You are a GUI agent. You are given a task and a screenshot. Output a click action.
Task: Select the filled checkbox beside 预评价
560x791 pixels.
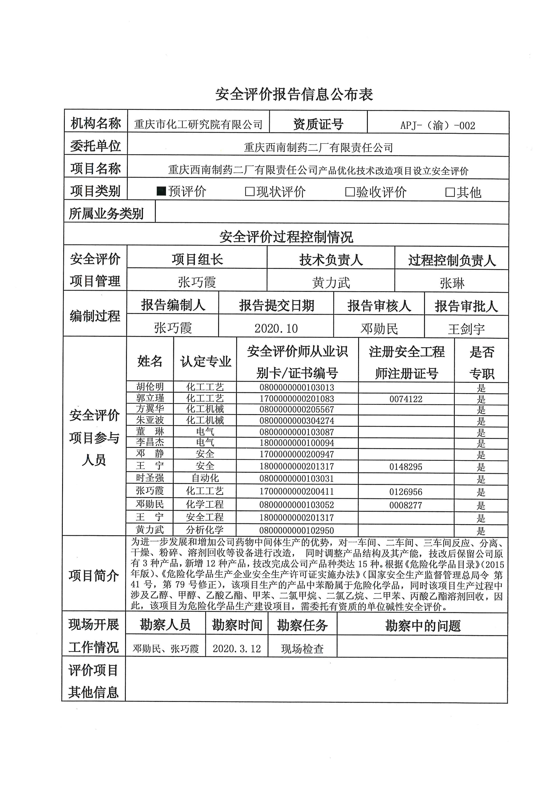(161, 191)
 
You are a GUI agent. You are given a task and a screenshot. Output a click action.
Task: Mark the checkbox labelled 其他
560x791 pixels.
(450, 192)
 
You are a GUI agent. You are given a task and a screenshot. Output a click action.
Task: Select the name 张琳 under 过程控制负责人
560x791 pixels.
(452, 284)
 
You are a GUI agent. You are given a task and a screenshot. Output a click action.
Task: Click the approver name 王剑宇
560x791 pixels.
(466, 329)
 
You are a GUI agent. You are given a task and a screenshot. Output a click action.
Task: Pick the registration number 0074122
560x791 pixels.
(406, 399)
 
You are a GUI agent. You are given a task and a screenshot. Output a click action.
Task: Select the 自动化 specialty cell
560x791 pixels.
(205, 478)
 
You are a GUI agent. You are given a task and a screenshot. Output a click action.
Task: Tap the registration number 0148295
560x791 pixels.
(406, 467)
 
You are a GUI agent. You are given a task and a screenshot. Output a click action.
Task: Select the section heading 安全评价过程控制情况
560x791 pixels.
(286, 237)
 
